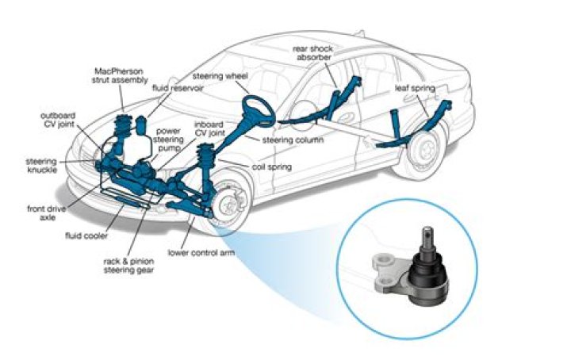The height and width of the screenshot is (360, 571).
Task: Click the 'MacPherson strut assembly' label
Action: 121,79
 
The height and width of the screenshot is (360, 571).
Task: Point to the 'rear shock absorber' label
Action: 315,52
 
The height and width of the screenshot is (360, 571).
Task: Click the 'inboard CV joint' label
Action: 209,129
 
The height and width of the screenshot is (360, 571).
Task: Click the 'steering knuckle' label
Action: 40,166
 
